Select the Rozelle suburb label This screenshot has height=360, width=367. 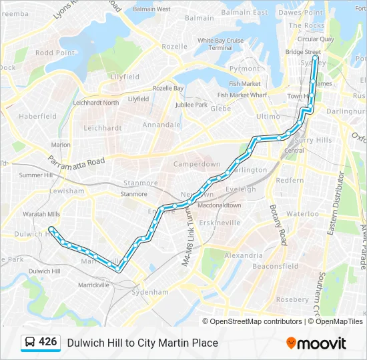coord(174,47)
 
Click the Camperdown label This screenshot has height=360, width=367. coord(197,164)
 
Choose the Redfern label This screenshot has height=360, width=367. coord(290,180)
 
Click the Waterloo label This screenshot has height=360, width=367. coord(304,214)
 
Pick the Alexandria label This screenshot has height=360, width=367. coord(244,255)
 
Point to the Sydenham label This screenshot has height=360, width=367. coord(149,292)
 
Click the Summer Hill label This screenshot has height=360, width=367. coord(35,175)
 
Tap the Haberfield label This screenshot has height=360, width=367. coord(38,116)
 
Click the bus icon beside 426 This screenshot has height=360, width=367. coord(30,343)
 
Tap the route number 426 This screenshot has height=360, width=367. coord(48,342)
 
